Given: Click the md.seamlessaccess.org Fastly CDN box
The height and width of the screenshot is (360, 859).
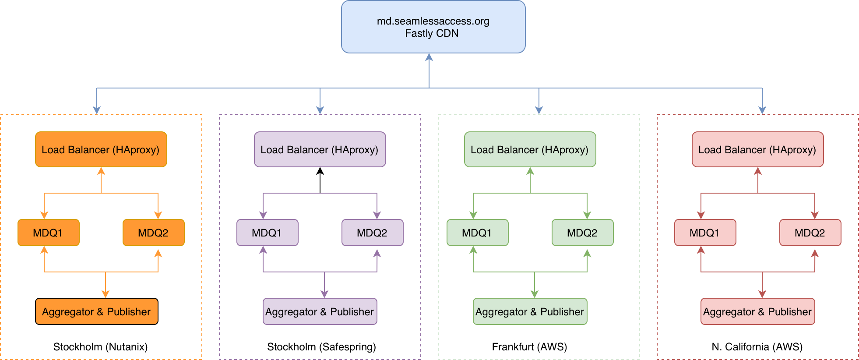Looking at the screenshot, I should [x=433, y=27].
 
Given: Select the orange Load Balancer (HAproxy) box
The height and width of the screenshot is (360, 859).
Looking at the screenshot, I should [x=101, y=149].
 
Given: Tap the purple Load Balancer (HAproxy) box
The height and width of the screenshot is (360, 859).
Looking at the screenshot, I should [x=320, y=149].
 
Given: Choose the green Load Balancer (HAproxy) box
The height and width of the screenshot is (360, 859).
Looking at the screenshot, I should [x=530, y=149].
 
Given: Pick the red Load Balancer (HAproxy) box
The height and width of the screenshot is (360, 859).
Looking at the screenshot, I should [x=757, y=149].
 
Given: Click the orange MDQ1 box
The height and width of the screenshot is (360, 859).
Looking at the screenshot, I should [x=49, y=233].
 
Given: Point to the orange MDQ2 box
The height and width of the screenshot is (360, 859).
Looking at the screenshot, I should [x=154, y=233].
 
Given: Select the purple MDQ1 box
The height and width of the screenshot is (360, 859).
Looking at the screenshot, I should [x=268, y=233].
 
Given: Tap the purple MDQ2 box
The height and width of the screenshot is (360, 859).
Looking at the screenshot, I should [x=373, y=233].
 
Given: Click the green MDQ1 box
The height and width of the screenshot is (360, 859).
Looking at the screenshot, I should [x=478, y=233].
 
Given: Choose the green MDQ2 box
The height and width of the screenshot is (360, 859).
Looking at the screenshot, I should [x=583, y=233].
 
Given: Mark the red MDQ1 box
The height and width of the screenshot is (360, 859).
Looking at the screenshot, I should [x=705, y=233].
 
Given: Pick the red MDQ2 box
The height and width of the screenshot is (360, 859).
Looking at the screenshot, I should [x=810, y=233].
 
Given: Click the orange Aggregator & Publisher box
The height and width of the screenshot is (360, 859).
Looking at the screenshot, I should [x=97, y=311].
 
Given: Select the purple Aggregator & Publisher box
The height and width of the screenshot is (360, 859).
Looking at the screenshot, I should [x=320, y=311].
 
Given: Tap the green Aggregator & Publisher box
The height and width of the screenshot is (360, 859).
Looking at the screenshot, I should [x=530, y=311].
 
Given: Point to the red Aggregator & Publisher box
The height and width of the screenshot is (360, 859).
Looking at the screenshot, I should [x=758, y=311].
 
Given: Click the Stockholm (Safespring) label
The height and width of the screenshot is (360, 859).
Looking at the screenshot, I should [x=321, y=347].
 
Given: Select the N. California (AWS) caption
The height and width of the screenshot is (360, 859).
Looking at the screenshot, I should [x=757, y=347].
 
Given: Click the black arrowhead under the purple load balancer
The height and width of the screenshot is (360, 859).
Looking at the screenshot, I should [x=320, y=171].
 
